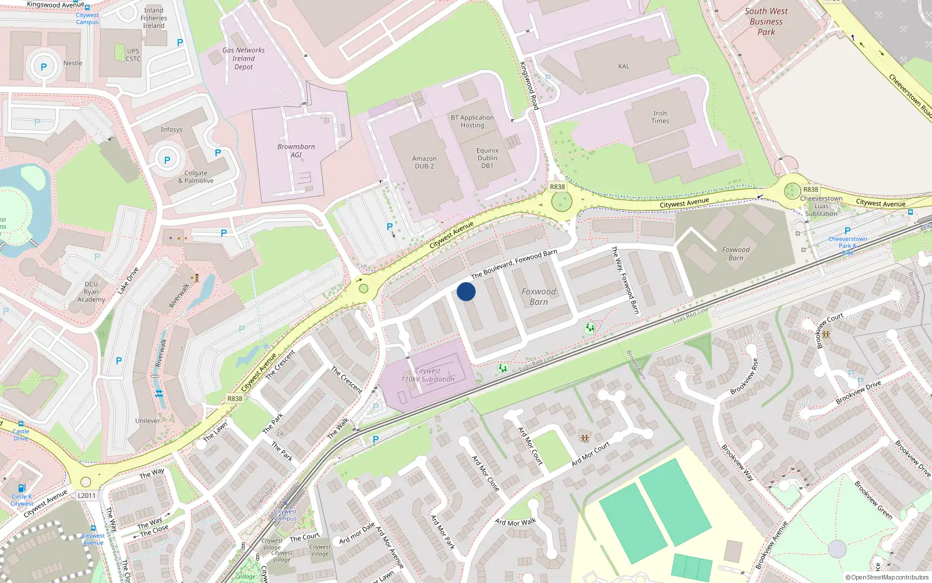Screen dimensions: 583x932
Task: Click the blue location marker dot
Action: point(466,291)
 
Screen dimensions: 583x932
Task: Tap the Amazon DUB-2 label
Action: point(424,162)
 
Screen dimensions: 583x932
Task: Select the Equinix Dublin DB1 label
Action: point(488,158)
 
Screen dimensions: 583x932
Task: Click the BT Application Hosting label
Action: point(472,121)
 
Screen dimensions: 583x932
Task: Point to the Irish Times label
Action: point(660,117)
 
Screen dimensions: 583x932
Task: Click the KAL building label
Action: point(623,66)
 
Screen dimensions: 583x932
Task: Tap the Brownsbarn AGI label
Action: point(296,150)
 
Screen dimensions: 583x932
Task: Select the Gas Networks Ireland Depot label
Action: point(243,58)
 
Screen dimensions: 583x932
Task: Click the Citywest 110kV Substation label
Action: point(428,375)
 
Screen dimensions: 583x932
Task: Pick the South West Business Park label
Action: point(766,22)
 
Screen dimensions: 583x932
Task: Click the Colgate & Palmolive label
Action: point(196,177)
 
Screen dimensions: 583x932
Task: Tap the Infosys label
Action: point(171,129)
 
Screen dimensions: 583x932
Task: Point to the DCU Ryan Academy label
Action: point(91,292)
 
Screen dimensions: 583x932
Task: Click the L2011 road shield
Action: point(86,496)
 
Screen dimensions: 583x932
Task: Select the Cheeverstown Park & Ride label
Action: point(848,245)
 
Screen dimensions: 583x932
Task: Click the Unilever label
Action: point(147,420)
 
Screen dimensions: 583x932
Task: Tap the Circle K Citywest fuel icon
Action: point(22,488)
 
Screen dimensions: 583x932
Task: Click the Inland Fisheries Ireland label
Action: point(154,18)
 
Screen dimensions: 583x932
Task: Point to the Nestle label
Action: point(73,63)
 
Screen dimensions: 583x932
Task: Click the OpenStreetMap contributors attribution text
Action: point(887,578)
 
